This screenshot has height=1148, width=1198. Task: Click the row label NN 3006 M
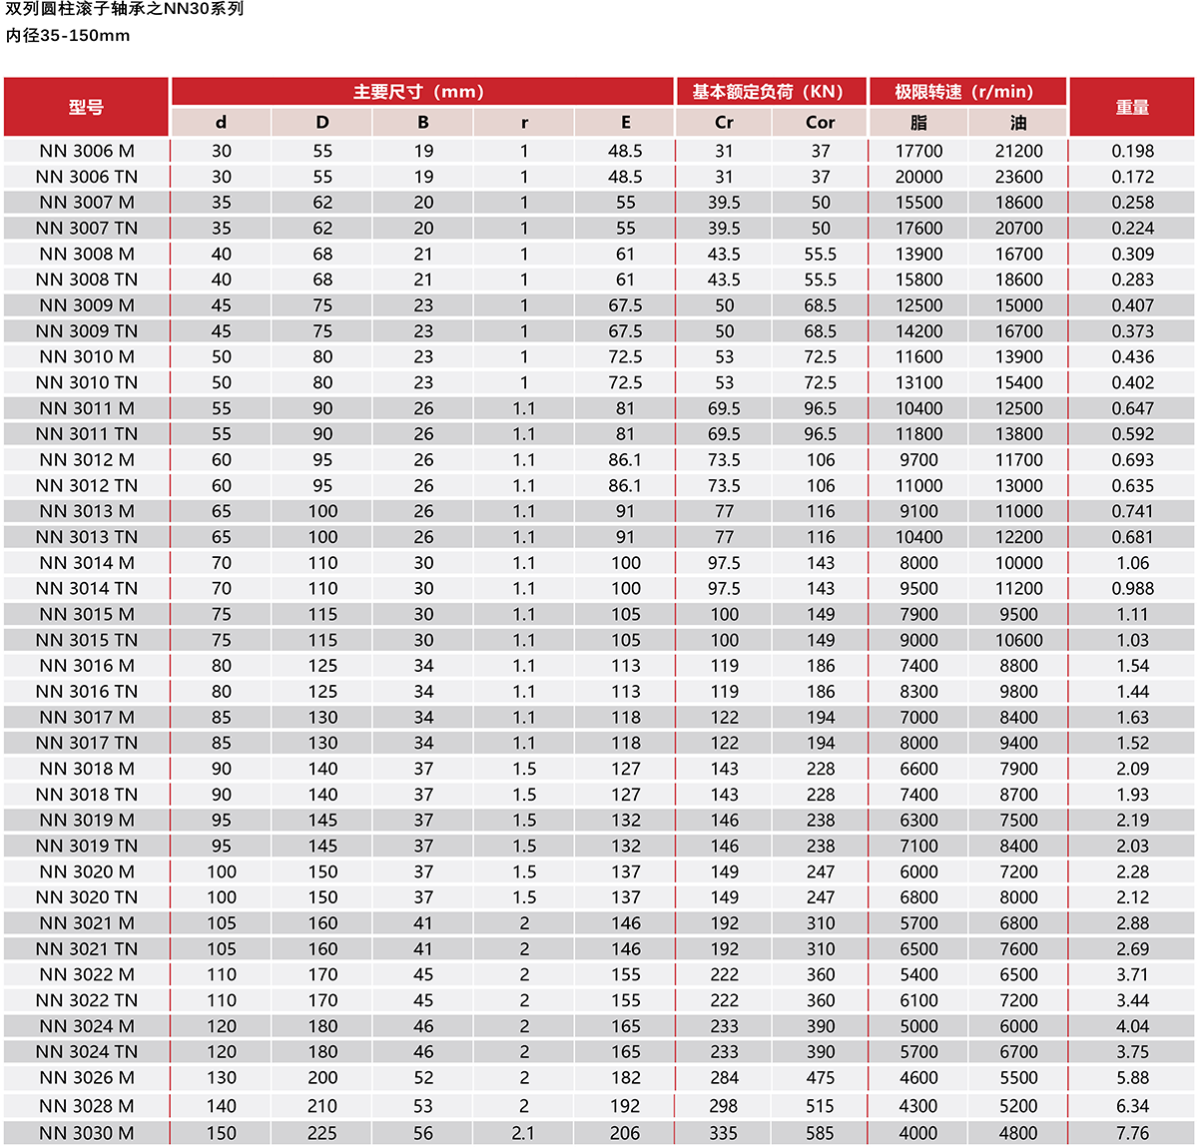(x=86, y=151)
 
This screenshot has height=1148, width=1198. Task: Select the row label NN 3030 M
(x=86, y=1133)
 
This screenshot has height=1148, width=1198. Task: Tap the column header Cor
(x=820, y=123)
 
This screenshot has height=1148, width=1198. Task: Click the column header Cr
(x=724, y=123)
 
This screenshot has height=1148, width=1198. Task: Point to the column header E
(x=625, y=123)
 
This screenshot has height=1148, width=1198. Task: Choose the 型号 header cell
(x=86, y=107)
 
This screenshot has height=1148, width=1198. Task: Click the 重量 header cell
(x=1132, y=107)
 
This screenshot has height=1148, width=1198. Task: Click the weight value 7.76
(x=1132, y=1133)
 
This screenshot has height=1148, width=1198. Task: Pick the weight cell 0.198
(x=1132, y=151)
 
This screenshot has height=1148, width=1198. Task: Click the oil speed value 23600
(x=1018, y=177)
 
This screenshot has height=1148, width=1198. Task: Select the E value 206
(x=625, y=1133)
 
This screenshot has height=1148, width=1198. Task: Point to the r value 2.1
(x=523, y=1133)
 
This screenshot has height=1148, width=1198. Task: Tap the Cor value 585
(x=820, y=1133)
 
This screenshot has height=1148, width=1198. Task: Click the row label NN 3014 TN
(x=86, y=589)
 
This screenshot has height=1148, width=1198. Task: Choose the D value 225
(x=321, y=1133)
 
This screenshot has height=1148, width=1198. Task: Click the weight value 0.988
(x=1132, y=589)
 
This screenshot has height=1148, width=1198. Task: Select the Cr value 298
(x=724, y=1106)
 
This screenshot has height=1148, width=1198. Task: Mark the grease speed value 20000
(x=918, y=177)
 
